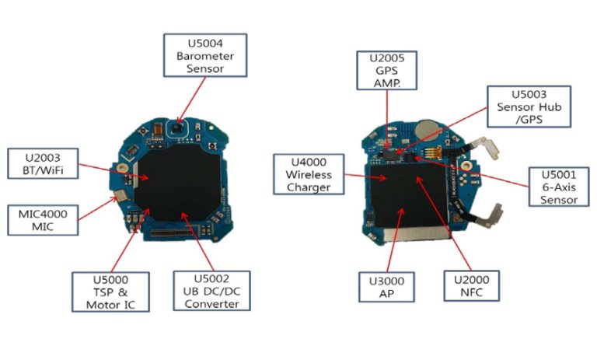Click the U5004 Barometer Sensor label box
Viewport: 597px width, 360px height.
(205, 54)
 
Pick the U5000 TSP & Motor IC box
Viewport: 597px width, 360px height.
(110, 292)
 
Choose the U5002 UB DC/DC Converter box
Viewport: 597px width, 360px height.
(211, 292)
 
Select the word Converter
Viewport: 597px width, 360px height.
(211, 304)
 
